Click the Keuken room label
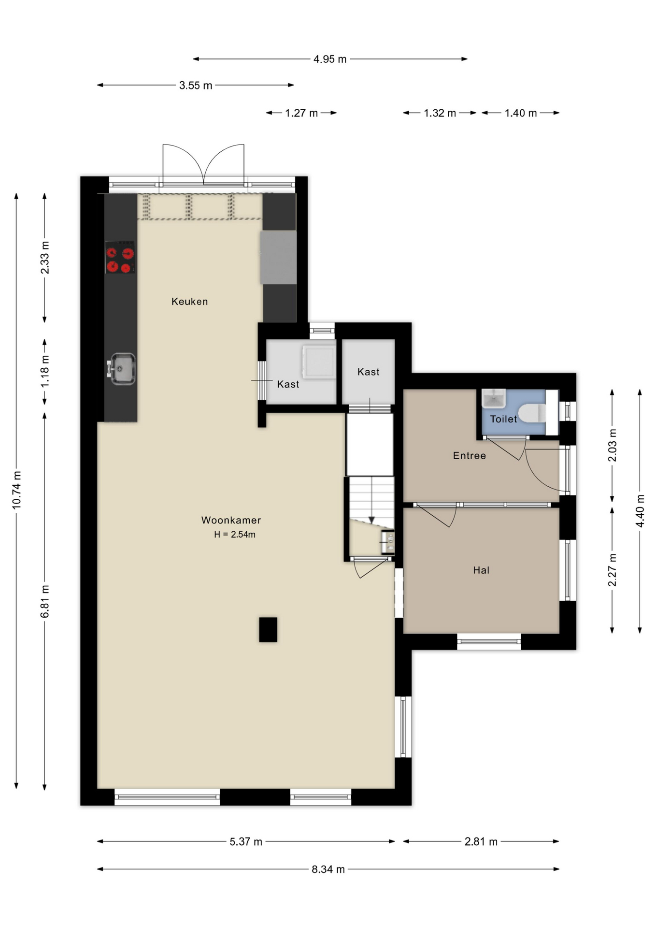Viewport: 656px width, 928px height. click(x=189, y=302)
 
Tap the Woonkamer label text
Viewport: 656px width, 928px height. click(x=231, y=520)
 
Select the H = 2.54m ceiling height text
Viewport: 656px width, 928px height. click(x=235, y=535)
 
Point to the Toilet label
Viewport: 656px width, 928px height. click(x=503, y=419)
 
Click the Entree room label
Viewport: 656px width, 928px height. click(x=469, y=455)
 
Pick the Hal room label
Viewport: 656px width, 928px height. click(x=481, y=570)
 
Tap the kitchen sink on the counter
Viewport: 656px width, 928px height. click(x=122, y=369)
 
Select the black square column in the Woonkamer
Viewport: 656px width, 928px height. click(x=268, y=629)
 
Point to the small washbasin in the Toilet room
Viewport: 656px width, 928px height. click(x=494, y=398)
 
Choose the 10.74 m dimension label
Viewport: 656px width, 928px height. click(x=16, y=490)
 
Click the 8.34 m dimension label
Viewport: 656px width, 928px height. click(x=328, y=869)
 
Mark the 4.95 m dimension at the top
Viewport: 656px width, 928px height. click(x=330, y=59)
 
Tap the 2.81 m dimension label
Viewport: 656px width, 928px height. click(x=481, y=841)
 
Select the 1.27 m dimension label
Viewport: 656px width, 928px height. click(x=301, y=113)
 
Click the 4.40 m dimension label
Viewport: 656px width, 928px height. click(x=640, y=511)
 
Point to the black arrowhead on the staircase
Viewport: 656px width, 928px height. click(x=371, y=520)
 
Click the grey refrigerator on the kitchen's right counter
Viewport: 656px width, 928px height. click(x=278, y=258)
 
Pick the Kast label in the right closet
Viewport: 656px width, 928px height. click(x=368, y=372)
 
